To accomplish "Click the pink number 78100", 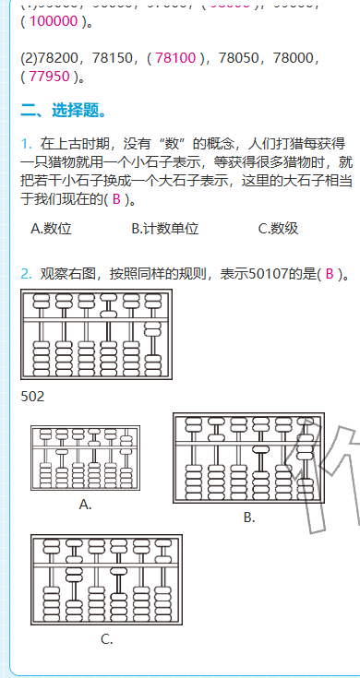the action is [x=175, y=57].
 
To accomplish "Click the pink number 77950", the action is [x=50, y=76].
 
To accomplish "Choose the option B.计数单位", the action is [x=164, y=229].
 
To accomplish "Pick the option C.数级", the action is [x=278, y=229].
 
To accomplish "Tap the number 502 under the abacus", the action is [x=32, y=398].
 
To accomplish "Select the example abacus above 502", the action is [x=96, y=335].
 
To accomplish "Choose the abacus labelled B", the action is [x=248, y=458].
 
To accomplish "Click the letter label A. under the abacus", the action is [x=85, y=505].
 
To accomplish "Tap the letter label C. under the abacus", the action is [x=107, y=639].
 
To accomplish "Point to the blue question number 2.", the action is [x=27, y=274].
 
